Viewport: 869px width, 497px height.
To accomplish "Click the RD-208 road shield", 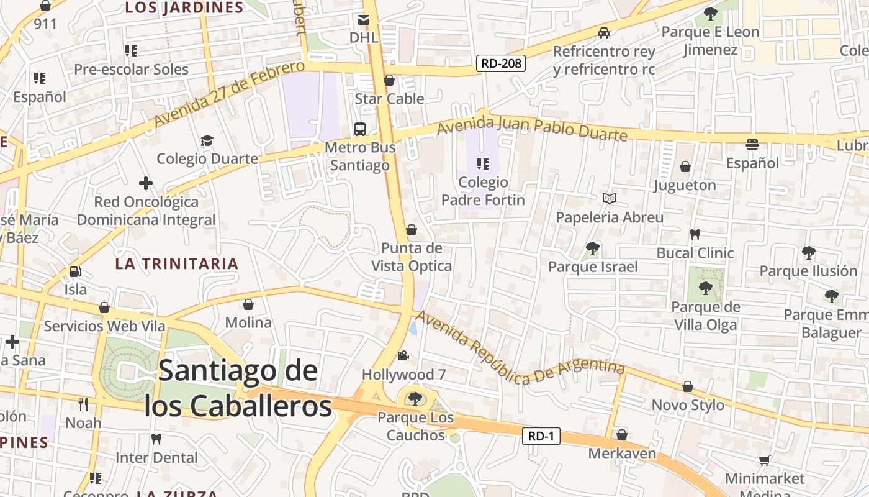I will pyautogui.click(x=501, y=63).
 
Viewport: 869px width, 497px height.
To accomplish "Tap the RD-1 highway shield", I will pyautogui.click(x=541, y=436).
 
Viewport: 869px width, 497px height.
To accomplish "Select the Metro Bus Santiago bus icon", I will pyautogui.click(x=359, y=129).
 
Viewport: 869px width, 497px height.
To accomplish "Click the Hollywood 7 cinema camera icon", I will pyautogui.click(x=403, y=355).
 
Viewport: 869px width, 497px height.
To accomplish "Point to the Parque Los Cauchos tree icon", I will pyautogui.click(x=414, y=398).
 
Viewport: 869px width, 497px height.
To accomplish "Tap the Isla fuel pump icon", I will pyautogui.click(x=75, y=271).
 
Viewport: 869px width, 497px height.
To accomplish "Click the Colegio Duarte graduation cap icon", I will pyautogui.click(x=207, y=140).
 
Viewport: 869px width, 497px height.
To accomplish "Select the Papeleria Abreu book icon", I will pyautogui.click(x=610, y=198).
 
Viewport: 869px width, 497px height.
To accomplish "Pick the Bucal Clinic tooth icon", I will pyautogui.click(x=695, y=234).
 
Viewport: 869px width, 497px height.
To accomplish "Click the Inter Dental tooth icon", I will pyautogui.click(x=156, y=439).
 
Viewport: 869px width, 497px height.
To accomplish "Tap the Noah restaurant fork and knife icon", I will pyautogui.click(x=83, y=404).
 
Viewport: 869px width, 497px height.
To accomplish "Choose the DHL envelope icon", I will pyautogui.click(x=364, y=19).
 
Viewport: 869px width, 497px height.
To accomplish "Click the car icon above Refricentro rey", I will pyautogui.click(x=603, y=32).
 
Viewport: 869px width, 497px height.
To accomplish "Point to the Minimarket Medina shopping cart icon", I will pyautogui.click(x=764, y=460).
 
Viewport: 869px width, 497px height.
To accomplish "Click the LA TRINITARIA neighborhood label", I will pyautogui.click(x=177, y=263).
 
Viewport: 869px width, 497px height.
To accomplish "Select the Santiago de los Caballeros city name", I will pyautogui.click(x=238, y=388).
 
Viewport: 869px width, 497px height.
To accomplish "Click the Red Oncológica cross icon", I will pyautogui.click(x=146, y=183).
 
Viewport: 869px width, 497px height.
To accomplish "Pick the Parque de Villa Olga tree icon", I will pyautogui.click(x=705, y=288).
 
